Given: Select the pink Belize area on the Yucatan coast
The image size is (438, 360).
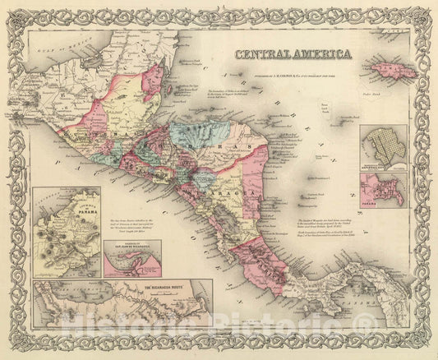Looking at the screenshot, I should pos(152,90).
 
